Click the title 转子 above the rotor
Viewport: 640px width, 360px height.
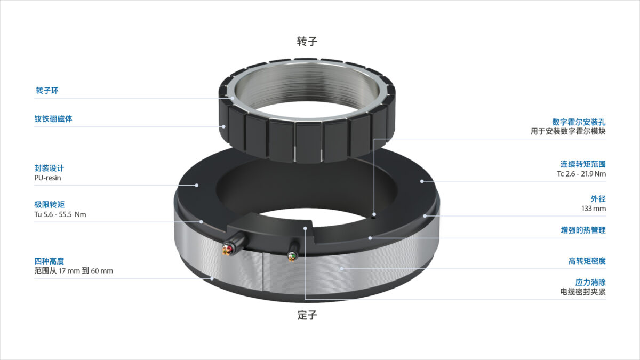pos(307,42)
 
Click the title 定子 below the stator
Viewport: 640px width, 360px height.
pos(307,315)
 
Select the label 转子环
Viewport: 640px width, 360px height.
pos(47,91)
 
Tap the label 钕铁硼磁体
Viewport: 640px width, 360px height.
pos(53,119)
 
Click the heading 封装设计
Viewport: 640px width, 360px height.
pos(49,168)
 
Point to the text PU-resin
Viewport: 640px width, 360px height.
pos(47,178)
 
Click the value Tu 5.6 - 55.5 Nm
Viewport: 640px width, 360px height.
pos(60,214)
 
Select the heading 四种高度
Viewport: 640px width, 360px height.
pos(49,261)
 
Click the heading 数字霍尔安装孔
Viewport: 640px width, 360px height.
pos(579,122)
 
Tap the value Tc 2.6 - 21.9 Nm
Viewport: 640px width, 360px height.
pos(581,174)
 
